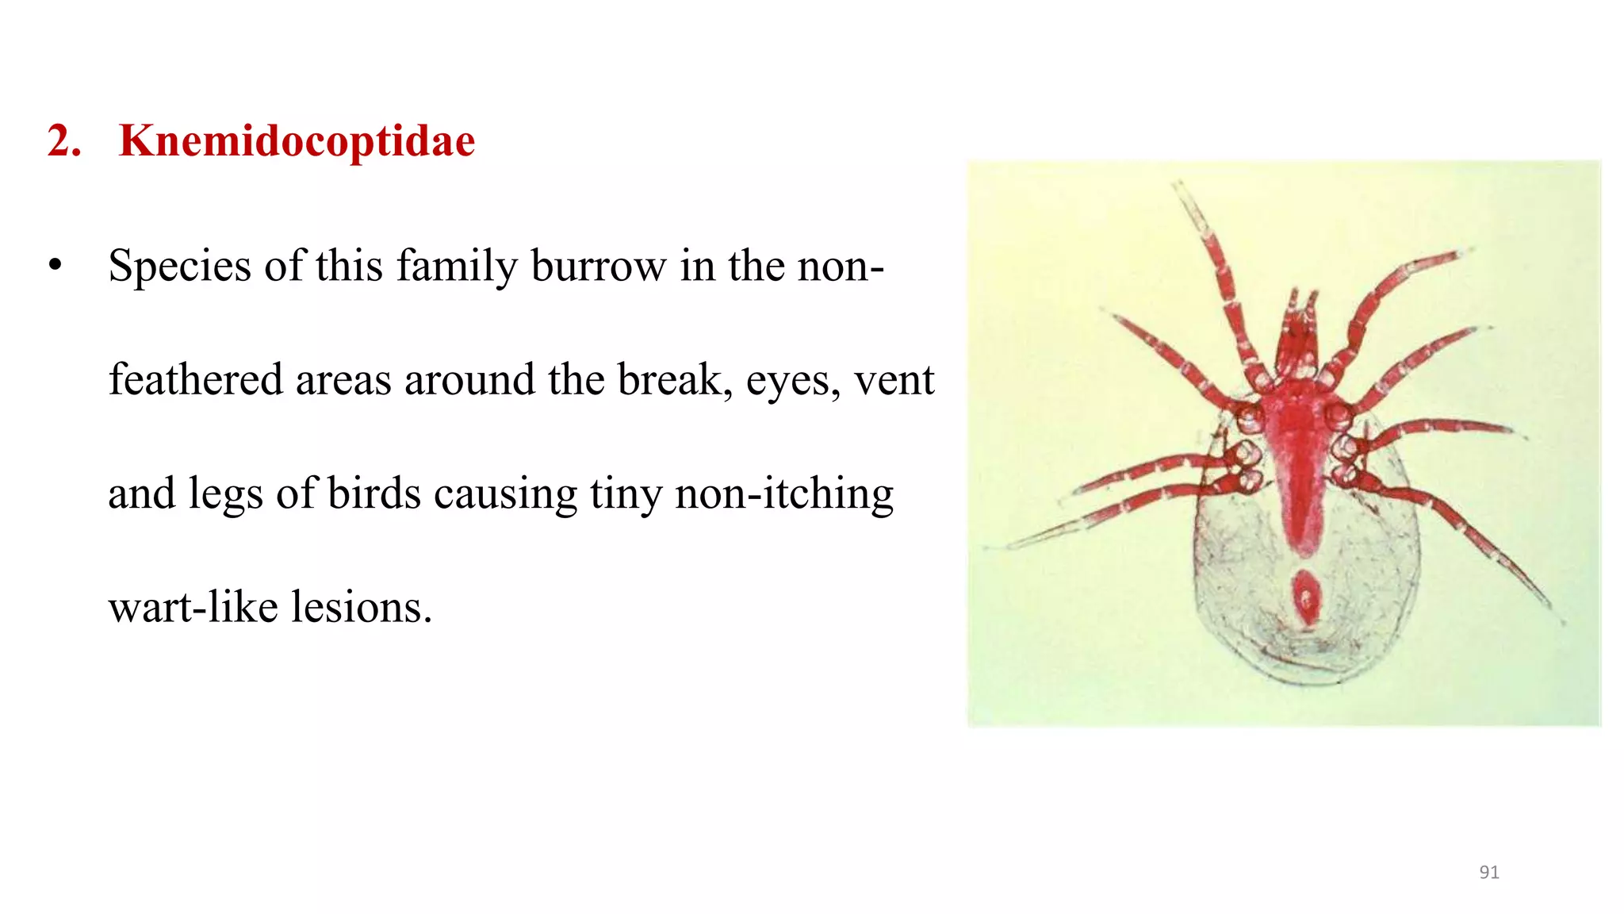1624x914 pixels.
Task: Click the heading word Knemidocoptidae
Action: pos(297,141)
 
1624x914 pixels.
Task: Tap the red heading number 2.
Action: pos(63,141)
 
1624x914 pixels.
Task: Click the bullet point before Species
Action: pos(55,265)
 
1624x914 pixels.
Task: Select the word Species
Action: pos(180,267)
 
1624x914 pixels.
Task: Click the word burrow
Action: pos(599,267)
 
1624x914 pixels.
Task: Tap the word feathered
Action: pos(195,379)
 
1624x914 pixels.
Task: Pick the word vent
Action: pos(894,381)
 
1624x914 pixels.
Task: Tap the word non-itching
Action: pos(784,493)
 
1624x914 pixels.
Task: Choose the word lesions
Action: pos(362,608)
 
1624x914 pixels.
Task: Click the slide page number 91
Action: pos(1489,872)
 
